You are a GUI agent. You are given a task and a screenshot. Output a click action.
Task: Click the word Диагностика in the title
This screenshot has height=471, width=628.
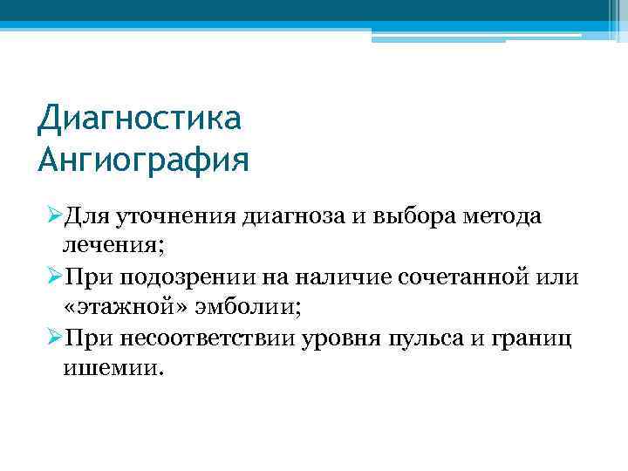139,118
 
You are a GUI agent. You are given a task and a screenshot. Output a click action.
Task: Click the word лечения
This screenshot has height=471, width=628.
111,247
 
